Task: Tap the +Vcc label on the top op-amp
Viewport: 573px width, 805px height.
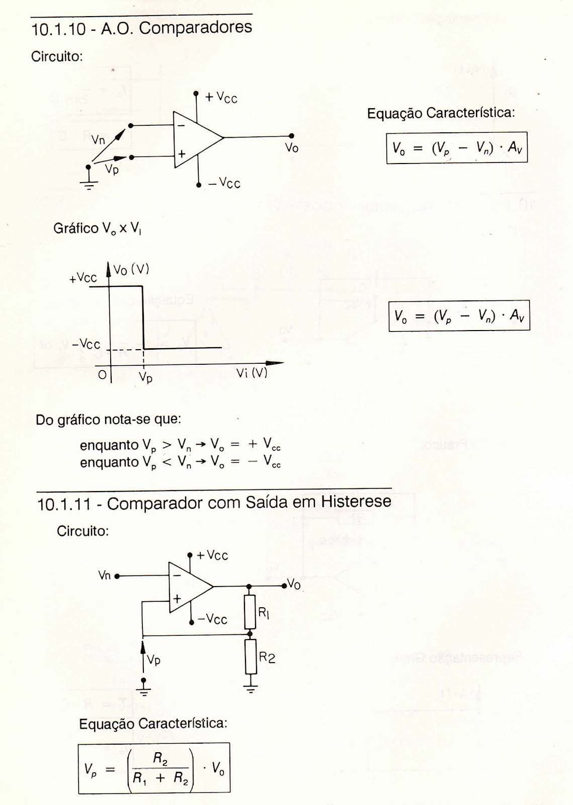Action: click(x=221, y=98)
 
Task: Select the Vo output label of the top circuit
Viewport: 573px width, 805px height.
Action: click(x=292, y=147)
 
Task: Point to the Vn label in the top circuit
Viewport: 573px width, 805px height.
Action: click(x=98, y=140)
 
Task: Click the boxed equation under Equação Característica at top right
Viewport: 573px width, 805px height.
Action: click(x=457, y=148)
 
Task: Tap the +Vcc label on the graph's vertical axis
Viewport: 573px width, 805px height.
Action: click(x=83, y=278)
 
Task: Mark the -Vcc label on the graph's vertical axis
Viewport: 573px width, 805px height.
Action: click(x=86, y=345)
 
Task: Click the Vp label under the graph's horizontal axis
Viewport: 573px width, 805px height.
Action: click(x=145, y=377)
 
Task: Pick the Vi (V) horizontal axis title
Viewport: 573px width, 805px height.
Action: click(x=252, y=373)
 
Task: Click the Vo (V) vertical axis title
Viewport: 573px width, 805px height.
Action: click(x=131, y=270)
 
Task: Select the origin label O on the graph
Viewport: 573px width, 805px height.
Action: click(x=102, y=375)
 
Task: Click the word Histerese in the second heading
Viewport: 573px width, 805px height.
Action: click(x=356, y=502)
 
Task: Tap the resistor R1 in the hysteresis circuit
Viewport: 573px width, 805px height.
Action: click(x=251, y=612)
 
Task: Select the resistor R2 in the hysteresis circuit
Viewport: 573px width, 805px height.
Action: click(x=251, y=657)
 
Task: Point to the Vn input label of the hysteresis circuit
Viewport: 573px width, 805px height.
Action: click(x=104, y=575)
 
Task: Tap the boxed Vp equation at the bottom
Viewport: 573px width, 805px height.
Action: click(x=154, y=768)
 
